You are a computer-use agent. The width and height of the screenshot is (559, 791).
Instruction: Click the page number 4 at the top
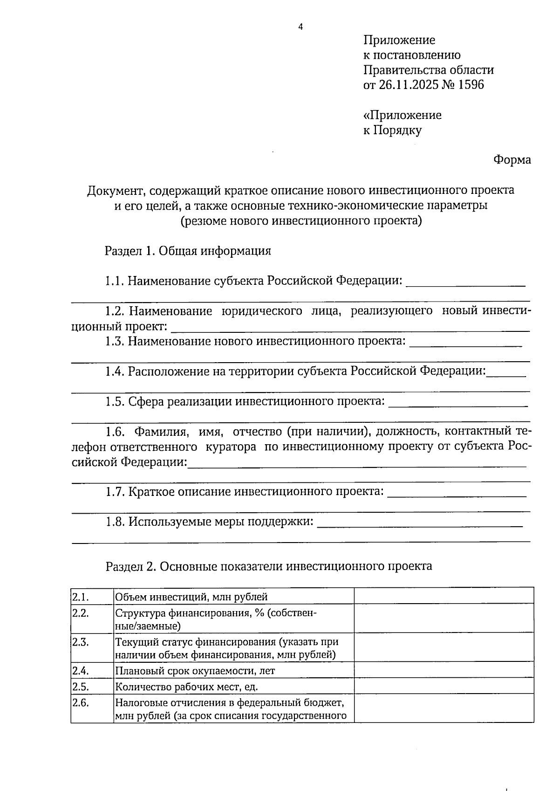(x=300, y=27)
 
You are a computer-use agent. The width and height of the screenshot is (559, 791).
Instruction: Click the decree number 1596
(x=471, y=85)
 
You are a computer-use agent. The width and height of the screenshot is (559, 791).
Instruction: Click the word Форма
(x=512, y=160)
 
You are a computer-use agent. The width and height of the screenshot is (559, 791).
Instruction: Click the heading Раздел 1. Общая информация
(x=188, y=251)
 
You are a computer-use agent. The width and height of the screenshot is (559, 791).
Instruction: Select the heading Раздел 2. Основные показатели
(x=269, y=566)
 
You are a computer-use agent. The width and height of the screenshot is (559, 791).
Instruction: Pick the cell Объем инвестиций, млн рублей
(x=191, y=597)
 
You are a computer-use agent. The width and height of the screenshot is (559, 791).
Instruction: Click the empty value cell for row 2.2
(x=443, y=619)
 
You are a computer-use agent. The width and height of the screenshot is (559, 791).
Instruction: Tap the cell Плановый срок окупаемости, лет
(x=195, y=671)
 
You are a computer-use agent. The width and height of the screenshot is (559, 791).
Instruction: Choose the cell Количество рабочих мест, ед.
(x=186, y=687)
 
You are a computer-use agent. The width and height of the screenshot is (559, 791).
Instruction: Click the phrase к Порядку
(x=392, y=130)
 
